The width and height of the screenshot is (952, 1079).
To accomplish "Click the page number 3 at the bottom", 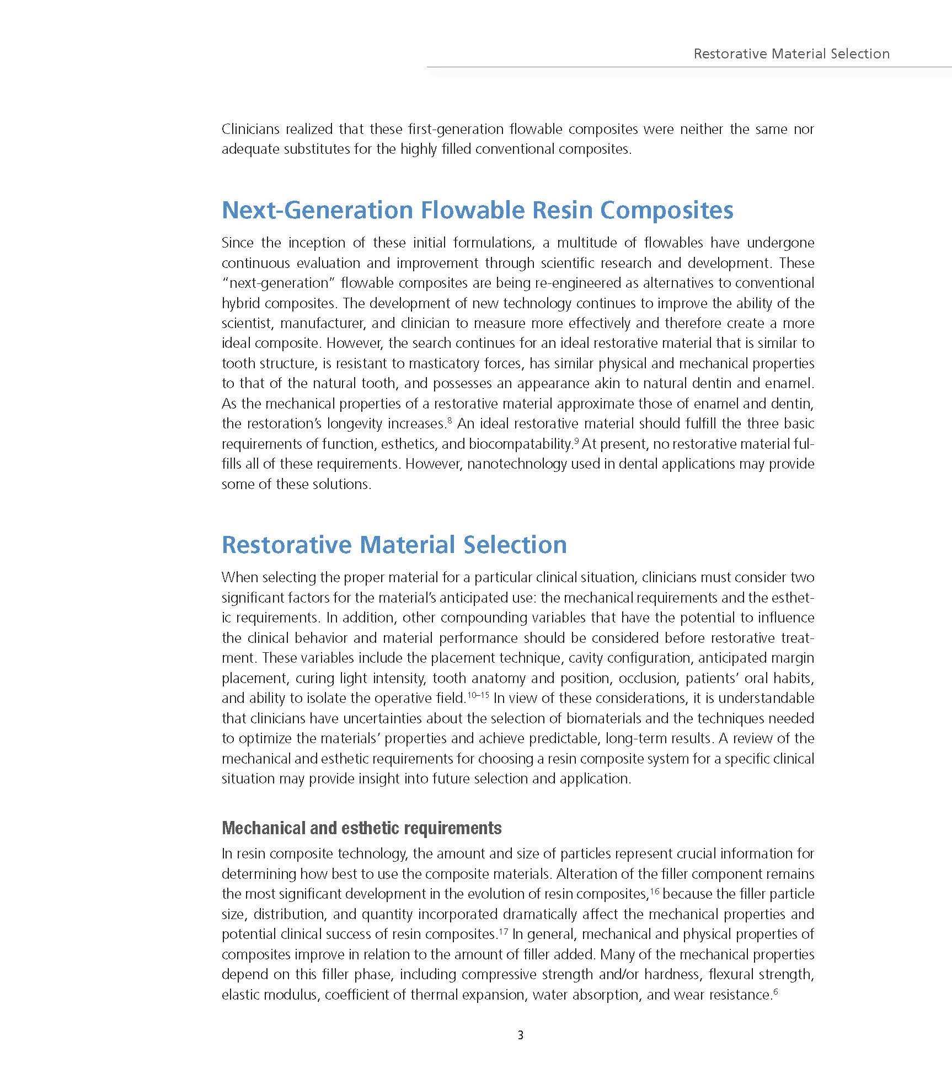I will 520,1035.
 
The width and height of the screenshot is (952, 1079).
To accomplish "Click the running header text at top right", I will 791,53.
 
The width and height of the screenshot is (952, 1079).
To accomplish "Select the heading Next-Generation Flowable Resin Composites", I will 477,210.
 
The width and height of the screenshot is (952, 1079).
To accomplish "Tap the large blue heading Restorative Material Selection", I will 394,545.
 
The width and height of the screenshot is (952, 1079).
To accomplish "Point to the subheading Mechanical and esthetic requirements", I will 361,828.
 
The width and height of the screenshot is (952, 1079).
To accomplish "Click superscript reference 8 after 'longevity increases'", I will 450,421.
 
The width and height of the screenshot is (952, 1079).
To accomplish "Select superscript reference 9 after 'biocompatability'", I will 576,441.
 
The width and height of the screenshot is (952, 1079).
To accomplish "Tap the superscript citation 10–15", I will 478,695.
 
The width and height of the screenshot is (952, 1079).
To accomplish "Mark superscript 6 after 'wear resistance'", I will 775,992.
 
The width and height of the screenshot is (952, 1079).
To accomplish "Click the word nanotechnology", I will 517,464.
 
